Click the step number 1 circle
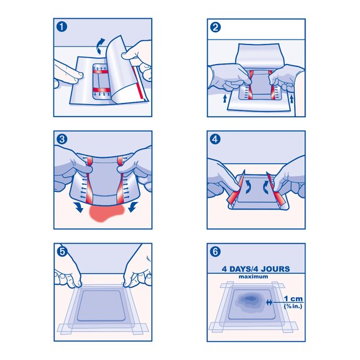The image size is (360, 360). point(61,28)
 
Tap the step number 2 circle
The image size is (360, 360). point(216,28)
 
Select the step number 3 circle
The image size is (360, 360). point(61,140)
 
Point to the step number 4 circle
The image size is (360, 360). point(216,140)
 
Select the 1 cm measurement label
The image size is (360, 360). point(294,299)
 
